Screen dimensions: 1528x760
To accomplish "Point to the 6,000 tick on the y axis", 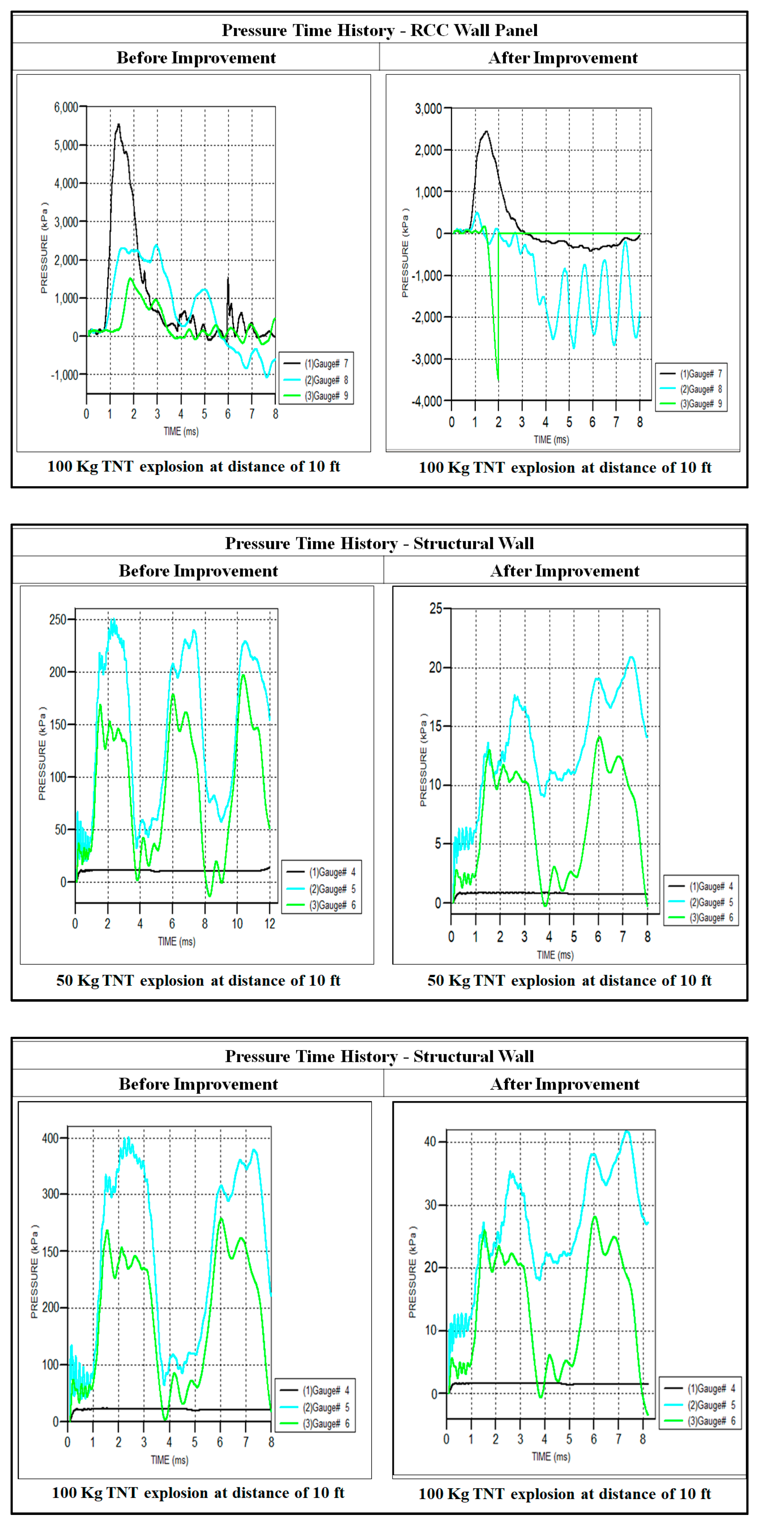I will click(x=66, y=107).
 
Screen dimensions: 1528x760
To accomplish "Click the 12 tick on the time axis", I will click(x=270, y=924).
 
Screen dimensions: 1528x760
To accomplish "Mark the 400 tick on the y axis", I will click(x=50, y=1138).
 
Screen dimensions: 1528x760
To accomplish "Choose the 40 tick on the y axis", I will click(x=430, y=1142).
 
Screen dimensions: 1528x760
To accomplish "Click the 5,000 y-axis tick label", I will click(x=66, y=145).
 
